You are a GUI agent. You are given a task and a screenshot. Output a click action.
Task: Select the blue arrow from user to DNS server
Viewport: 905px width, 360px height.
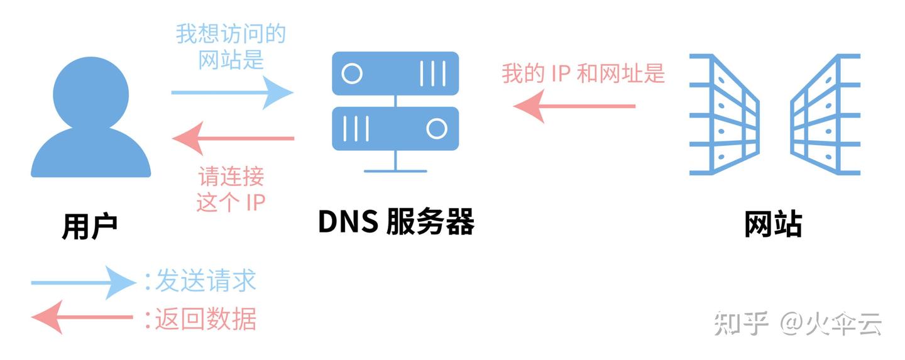coord(232,93)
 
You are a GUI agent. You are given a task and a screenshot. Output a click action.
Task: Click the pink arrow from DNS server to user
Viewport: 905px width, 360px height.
coord(233,138)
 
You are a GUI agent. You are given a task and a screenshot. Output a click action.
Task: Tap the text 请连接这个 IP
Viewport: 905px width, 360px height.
coord(231,189)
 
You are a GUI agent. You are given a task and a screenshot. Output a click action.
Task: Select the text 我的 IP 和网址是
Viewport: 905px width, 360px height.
coord(583,74)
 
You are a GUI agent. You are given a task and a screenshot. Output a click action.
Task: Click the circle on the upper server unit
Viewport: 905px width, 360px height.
coord(352,74)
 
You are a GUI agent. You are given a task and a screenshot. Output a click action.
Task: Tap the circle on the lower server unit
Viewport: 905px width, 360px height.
coord(436,128)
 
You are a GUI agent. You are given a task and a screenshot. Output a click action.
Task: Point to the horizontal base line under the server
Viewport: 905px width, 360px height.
coord(395,171)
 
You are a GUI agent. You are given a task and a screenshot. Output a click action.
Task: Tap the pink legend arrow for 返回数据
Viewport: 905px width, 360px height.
coord(82,317)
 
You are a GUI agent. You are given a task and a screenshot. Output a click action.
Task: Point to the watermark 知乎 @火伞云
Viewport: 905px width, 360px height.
coord(798,324)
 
